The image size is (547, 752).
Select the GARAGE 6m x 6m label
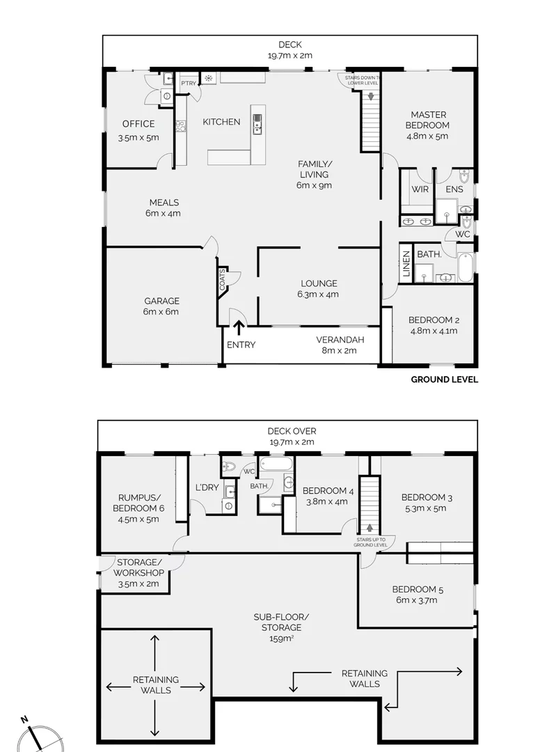click(x=161, y=306)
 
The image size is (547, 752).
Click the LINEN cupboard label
click(x=406, y=264)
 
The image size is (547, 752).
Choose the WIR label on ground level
click(x=419, y=189)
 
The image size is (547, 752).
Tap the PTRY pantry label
click(x=189, y=84)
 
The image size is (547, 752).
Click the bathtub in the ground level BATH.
click(x=466, y=265)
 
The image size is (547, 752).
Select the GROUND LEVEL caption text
click(x=444, y=379)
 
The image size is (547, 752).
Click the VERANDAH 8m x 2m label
click(x=337, y=345)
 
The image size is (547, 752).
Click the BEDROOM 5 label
click(x=417, y=595)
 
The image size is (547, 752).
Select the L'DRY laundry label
click(x=207, y=487)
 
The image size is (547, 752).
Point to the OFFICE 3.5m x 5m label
click(x=138, y=131)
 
